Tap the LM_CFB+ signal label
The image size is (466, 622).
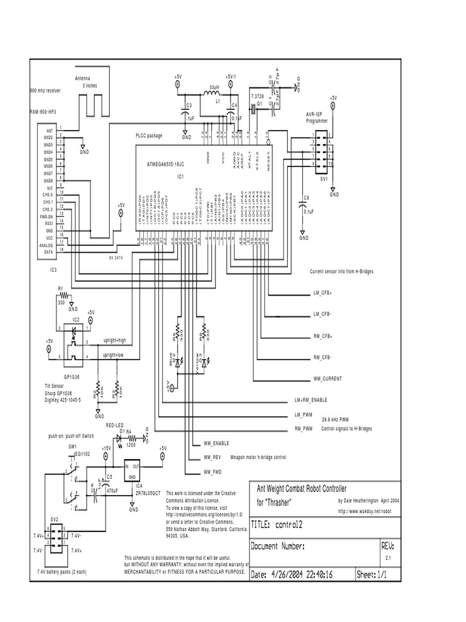point(326,293)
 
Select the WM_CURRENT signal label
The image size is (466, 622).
point(328,378)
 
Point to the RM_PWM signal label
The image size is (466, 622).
point(303,429)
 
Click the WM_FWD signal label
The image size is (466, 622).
point(213,471)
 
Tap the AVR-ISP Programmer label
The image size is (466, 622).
point(317,117)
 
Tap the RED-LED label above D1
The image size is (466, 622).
point(115,425)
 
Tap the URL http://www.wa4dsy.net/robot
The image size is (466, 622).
point(367,511)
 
